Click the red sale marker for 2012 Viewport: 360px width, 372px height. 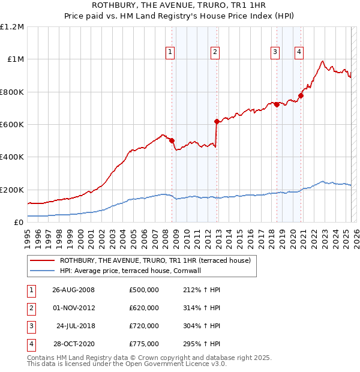pos(217,121)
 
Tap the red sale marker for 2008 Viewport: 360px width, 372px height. pos(172,140)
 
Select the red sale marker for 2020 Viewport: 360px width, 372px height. pos(301,95)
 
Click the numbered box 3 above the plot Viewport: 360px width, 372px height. pos(275,52)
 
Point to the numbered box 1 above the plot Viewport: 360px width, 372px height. pos(170,52)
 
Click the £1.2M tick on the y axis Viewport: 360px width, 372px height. pos(12,27)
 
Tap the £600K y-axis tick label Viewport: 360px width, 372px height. pos(12,125)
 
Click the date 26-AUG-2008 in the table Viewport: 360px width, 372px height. pos(74,290)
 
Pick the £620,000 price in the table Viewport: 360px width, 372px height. pos(144,308)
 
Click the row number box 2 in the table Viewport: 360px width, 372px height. pos(30,308)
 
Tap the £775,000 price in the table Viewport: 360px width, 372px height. pos(144,344)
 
